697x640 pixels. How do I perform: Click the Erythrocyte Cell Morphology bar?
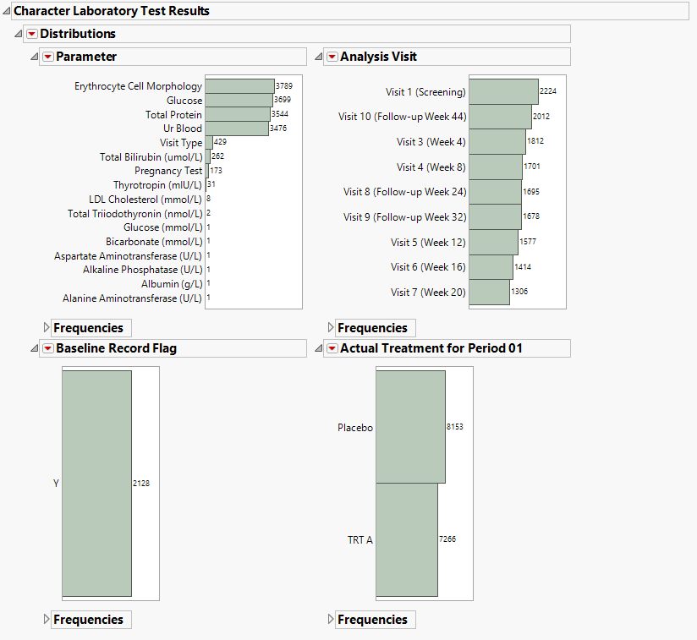point(239,86)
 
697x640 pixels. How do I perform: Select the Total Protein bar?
point(237,114)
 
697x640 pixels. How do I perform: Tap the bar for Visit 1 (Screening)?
point(503,91)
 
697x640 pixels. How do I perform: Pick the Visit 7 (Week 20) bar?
point(489,292)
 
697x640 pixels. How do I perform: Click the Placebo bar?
point(410,427)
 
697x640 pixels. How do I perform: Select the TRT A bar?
point(407,539)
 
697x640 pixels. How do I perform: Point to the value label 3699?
point(283,101)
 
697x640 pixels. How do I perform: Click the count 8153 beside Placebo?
point(455,427)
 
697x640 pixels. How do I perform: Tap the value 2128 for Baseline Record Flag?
point(141,484)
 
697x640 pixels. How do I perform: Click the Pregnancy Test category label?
point(168,171)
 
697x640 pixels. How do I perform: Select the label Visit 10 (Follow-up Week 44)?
point(402,117)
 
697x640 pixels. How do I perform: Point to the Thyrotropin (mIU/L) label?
point(158,185)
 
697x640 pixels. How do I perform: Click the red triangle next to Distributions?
point(32,34)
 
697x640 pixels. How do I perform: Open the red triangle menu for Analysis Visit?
point(332,57)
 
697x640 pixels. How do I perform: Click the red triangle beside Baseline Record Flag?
point(48,348)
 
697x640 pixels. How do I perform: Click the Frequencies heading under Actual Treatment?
point(372,620)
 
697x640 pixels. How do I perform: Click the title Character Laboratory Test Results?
point(112,11)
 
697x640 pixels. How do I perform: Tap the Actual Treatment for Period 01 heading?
point(431,348)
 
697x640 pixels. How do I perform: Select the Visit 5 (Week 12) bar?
point(493,242)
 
